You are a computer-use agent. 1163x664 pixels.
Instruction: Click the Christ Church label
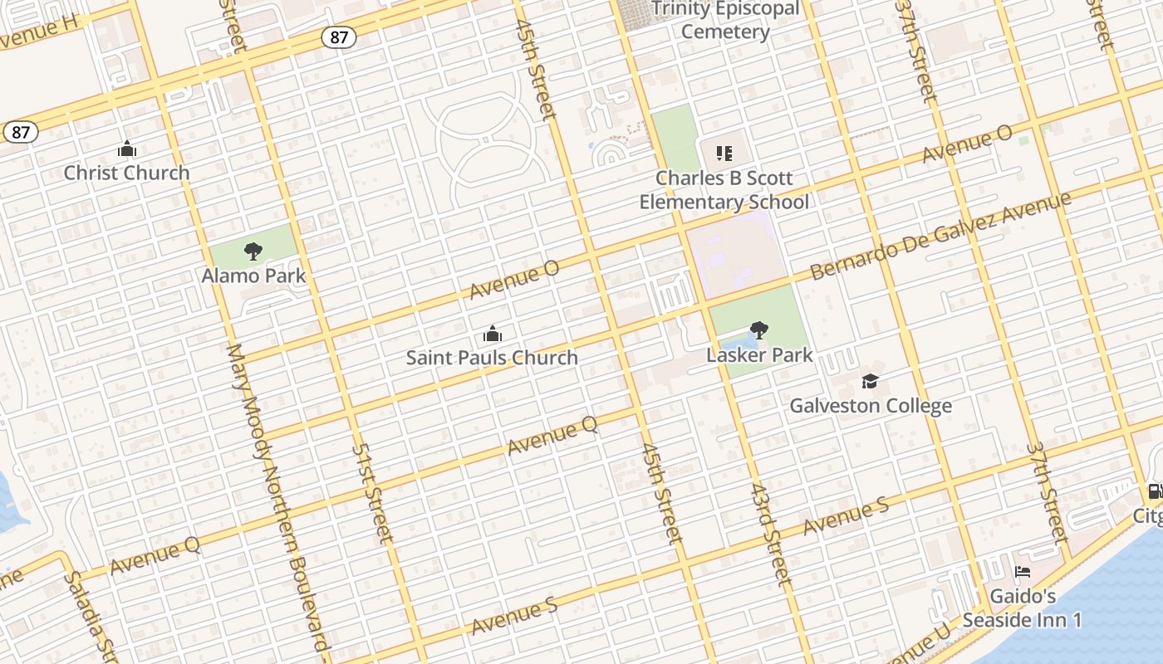(127, 173)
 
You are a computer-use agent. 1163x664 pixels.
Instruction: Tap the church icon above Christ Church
(127, 149)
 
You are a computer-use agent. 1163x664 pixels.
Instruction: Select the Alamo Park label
(254, 276)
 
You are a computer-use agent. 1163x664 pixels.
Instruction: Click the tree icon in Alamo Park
(253, 251)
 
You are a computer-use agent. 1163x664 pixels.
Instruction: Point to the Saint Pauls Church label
(492, 358)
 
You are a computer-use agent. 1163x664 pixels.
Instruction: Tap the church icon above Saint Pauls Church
(493, 334)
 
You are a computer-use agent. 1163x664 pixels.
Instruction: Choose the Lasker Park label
(759, 354)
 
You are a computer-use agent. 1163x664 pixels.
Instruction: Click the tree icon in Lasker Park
(758, 330)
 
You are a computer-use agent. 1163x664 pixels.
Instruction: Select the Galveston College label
(871, 406)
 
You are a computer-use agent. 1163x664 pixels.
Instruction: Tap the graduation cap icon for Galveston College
(870, 381)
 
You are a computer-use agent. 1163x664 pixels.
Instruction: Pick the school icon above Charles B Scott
(724, 154)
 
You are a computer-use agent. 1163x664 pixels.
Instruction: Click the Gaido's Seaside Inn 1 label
(1023, 608)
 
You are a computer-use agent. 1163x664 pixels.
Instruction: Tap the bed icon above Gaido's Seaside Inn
(1023, 572)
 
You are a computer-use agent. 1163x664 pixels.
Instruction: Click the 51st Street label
(372, 493)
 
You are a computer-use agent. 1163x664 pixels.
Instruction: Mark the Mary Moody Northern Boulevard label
(278, 498)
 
